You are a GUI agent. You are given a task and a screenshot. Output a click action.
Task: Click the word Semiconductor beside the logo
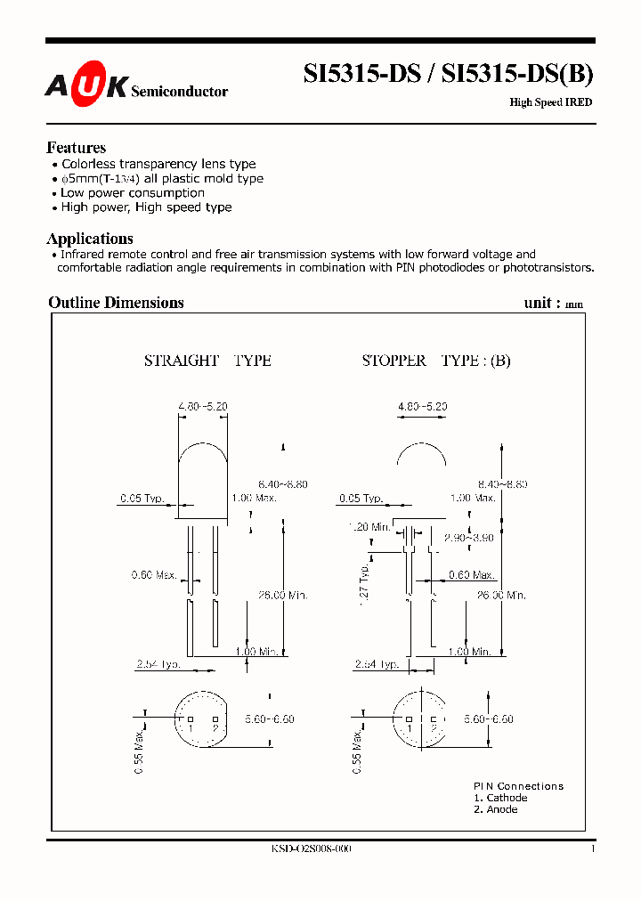click(179, 91)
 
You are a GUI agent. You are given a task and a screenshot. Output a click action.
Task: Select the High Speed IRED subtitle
click(550, 102)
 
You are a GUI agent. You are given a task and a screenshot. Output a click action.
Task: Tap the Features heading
click(76, 148)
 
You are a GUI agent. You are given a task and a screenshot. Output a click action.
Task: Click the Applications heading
click(90, 239)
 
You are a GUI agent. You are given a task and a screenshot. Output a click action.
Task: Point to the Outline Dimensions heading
click(116, 303)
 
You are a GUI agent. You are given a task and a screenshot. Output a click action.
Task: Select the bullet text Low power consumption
click(133, 193)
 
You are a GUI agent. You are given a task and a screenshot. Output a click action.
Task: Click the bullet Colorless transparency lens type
click(158, 165)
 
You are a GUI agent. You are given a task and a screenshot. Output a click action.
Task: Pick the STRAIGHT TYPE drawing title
click(207, 361)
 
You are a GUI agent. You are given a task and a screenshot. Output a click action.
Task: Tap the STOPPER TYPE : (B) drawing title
click(436, 361)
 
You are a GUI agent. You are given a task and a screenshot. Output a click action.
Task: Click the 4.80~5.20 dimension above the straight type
click(203, 406)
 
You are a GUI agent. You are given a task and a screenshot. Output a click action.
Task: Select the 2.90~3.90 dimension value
click(469, 538)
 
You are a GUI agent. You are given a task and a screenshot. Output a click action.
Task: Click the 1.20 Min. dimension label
click(369, 527)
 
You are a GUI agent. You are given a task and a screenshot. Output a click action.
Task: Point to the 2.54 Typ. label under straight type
click(158, 664)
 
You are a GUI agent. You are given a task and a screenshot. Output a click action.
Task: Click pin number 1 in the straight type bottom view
click(189, 728)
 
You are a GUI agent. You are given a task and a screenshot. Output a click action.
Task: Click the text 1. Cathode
click(500, 798)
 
